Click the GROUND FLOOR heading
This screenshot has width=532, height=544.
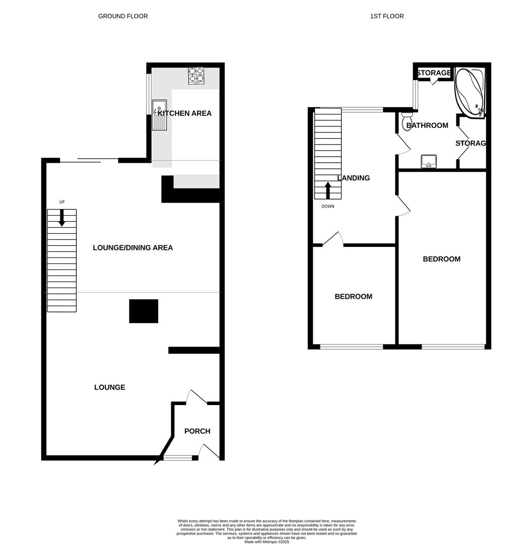pyautogui.click(x=123, y=16)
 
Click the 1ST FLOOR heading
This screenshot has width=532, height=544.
pyautogui.click(x=387, y=16)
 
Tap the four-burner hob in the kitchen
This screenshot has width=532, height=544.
pyautogui.click(x=196, y=76)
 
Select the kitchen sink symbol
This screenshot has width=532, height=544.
pyautogui.click(x=159, y=115)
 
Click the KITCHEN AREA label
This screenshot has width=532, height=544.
pyautogui.click(x=185, y=113)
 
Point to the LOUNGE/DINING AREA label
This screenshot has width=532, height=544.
pyautogui.click(x=133, y=248)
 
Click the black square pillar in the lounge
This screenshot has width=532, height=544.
pyautogui.click(x=144, y=311)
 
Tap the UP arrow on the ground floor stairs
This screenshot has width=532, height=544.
pyautogui.click(x=62, y=218)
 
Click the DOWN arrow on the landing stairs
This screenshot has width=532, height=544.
pyautogui.click(x=328, y=190)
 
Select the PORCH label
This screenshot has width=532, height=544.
pyautogui.click(x=197, y=431)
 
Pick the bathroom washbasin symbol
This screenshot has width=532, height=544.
pyautogui.click(x=429, y=161)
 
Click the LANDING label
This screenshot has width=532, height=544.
pyautogui.click(x=354, y=178)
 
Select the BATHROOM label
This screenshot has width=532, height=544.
pyautogui.click(x=427, y=125)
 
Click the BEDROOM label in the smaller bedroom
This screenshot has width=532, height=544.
pyautogui.click(x=354, y=297)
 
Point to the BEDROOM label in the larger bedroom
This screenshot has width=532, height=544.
pyautogui.click(x=441, y=259)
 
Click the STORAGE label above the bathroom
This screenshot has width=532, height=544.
pyautogui.click(x=433, y=73)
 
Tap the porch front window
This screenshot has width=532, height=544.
pyautogui.click(x=178, y=458)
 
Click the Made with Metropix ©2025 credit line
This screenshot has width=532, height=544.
pyautogui.click(x=267, y=541)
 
